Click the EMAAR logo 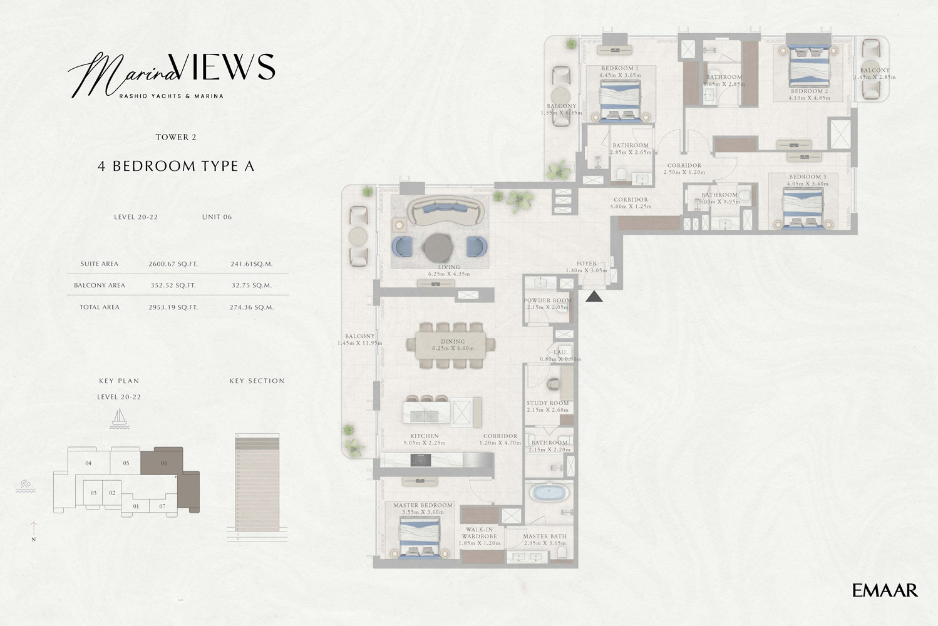885,590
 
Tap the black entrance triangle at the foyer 594,296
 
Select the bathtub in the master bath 548,493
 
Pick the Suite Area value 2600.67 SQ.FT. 173,264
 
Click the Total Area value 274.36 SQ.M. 251,307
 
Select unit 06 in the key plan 163,463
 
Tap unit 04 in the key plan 88,463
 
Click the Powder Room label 547,304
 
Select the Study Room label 548,406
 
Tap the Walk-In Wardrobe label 479,536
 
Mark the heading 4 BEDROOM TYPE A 176,166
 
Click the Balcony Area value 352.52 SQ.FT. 173,285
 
